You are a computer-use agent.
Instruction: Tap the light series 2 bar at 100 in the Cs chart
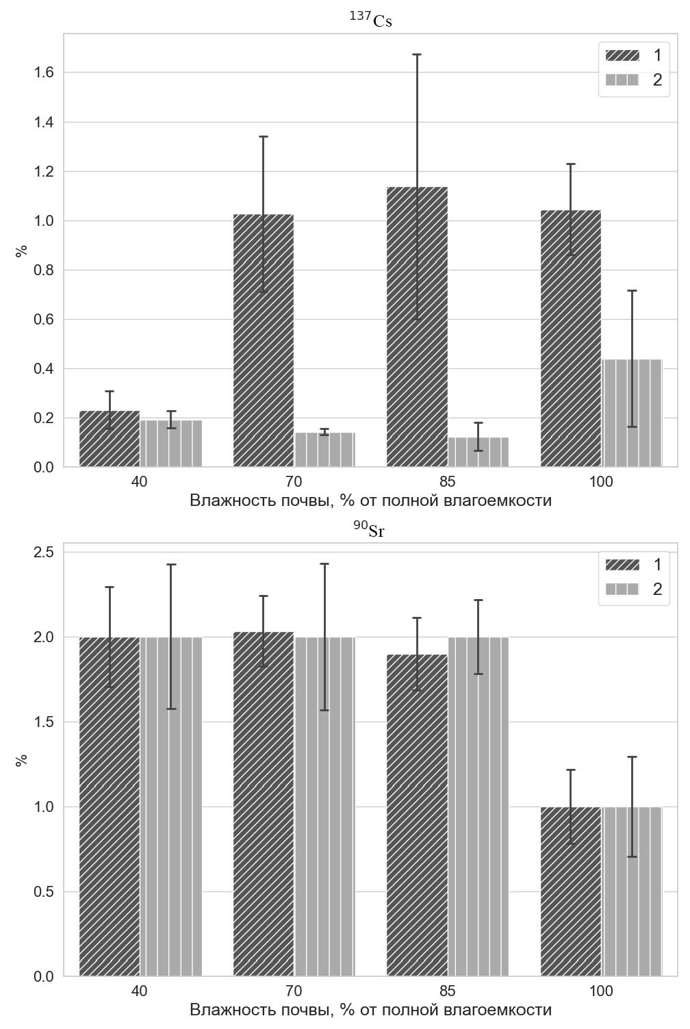pyautogui.click(x=632, y=414)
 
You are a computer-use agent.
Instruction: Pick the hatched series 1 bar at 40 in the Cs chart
pyautogui.click(x=110, y=439)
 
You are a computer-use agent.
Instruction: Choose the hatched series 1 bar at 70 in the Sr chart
pyautogui.click(x=264, y=804)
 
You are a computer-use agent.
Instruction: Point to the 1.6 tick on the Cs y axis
pyautogui.click(x=44, y=73)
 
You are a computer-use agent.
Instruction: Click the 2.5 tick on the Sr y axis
pyautogui.click(x=44, y=552)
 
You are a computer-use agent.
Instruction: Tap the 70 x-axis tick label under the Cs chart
pyautogui.click(x=294, y=482)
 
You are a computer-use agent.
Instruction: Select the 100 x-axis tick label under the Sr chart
pyautogui.click(x=601, y=991)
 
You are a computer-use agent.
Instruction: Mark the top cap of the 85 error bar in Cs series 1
pyautogui.click(x=417, y=54)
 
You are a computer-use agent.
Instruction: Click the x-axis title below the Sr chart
pyautogui.click(x=370, y=1010)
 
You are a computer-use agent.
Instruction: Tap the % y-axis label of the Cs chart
pyautogui.click(x=22, y=251)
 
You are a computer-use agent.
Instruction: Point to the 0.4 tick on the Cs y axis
pyautogui.click(x=44, y=369)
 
